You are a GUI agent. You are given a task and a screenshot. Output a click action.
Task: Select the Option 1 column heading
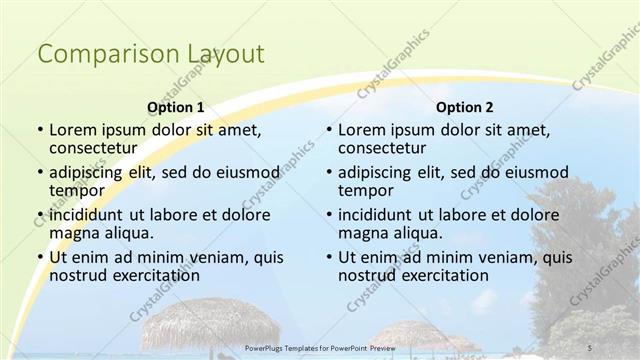pyautogui.click(x=175, y=107)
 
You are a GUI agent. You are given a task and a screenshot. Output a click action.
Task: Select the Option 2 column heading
pyautogui.click(x=465, y=107)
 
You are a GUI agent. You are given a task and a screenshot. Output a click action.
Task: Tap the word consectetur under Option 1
pyautogui.click(x=95, y=148)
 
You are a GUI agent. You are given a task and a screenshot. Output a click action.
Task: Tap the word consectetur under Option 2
pyautogui.click(x=385, y=148)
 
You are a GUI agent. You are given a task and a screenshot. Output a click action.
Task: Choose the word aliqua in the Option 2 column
pyautogui.click(x=417, y=233)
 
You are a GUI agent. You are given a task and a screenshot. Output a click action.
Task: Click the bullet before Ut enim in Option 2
pyautogui.click(x=328, y=257)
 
